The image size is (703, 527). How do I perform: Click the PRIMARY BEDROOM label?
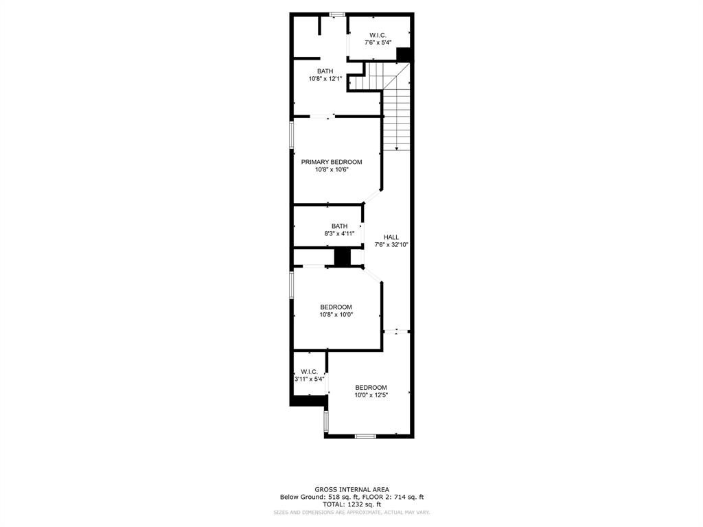pyautogui.click(x=332, y=162)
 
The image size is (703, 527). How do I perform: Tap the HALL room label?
pyautogui.click(x=391, y=237)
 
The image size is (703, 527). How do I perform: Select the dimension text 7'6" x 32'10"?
pyautogui.click(x=391, y=245)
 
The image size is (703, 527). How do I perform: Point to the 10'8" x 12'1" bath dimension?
pyautogui.click(x=325, y=79)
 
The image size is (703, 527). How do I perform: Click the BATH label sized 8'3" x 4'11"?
pyautogui.click(x=339, y=226)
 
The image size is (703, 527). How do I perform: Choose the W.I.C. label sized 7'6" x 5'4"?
pyautogui.click(x=378, y=35)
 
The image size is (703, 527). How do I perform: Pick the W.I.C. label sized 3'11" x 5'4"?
pyautogui.click(x=309, y=371)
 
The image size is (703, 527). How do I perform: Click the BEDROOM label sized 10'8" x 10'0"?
pyautogui.click(x=336, y=307)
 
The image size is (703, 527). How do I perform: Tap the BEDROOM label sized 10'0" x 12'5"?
pyautogui.click(x=371, y=387)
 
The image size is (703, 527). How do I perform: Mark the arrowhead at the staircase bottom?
pyautogui.click(x=397, y=148)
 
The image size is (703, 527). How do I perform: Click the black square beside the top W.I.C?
pyautogui.click(x=404, y=54)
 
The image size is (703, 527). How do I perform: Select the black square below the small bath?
pyautogui.click(x=342, y=257)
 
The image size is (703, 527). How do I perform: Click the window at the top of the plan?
pyautogui.click(x=336, y=14)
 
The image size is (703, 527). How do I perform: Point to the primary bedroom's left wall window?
pyautogui.click(x=291, y=134)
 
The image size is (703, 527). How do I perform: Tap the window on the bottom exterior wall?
pyautogui.click(x=365, y=436)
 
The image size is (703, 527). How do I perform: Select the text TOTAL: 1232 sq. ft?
pyautogui.click(x=351, y=504)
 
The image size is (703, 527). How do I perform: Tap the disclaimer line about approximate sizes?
pyautogui.click(x=351, y=513)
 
